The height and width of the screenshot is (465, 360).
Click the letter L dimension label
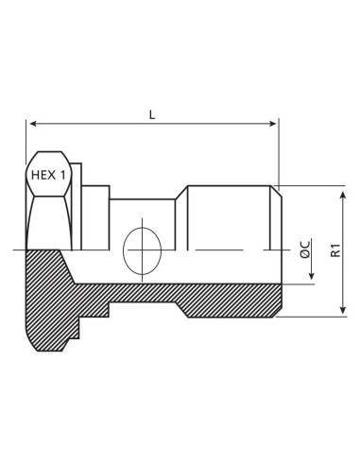coord(152,113)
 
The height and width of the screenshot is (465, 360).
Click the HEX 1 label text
coord(52,176)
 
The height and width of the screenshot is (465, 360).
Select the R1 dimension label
coord(334,250)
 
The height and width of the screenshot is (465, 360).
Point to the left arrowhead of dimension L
coord(33,123)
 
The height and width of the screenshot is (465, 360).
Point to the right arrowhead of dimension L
coord(273,123)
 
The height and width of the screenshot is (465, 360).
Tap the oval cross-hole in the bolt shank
coord(142,250)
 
